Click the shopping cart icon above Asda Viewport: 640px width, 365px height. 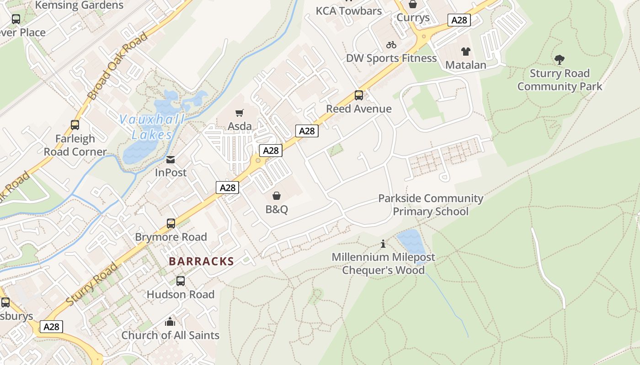tap(240, 113)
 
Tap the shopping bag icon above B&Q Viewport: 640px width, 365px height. tap(277, 196)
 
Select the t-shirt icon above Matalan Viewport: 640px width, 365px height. tap(465, 52)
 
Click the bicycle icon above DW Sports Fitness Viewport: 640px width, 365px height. tap(391, 45)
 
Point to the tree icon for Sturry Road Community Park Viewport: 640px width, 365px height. tap(559, 60)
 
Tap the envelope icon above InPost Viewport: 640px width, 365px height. tap(171, 159)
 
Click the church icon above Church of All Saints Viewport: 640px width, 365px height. tap(170, 322)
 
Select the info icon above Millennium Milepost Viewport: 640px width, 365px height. tap(383, 244)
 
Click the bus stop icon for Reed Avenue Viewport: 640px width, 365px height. tap(359, 95)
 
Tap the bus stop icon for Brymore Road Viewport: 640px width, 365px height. tap(171, 224)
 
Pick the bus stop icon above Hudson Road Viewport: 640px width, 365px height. tap(181, 281)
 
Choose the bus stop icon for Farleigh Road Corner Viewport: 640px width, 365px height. tap(75, 125)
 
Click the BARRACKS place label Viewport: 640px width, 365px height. tap(201, 261)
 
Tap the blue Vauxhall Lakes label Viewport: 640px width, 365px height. tap(152, 127)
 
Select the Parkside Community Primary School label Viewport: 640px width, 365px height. tap(431, 205)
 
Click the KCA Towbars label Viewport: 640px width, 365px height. tap(349, 10)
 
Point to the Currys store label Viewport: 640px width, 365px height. tap(413, 18)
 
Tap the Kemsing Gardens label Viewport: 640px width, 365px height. tap(79, 5)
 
